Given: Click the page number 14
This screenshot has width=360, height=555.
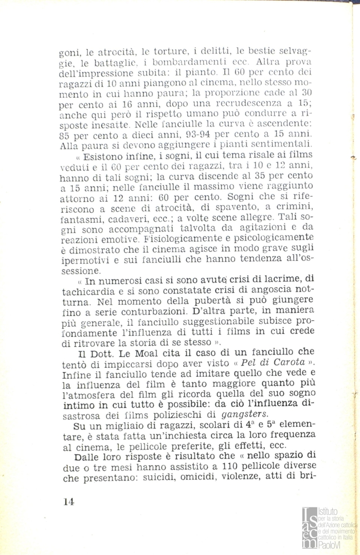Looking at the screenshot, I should (x=69, y=503).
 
